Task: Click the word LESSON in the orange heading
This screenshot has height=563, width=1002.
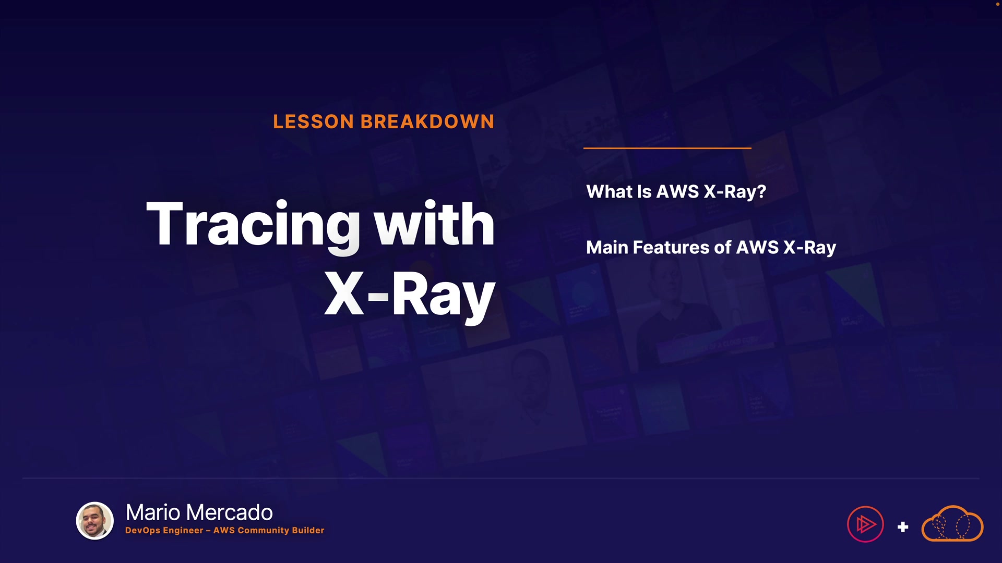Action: pos(314,121)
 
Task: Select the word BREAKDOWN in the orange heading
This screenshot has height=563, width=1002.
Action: pos(427,121)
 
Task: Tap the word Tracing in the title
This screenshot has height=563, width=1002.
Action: pos(253,224)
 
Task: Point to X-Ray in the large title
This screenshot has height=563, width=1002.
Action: pos(410,295)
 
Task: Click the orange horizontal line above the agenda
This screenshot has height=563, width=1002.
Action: pos(667,148)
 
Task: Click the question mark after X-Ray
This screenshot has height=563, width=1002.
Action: pos(761,192)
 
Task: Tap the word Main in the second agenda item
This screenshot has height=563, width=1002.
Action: pos(607,247)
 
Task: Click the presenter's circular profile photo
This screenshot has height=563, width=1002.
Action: pos(95,521)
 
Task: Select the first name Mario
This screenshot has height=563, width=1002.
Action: pos(153,512)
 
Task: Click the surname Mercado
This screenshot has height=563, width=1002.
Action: pos(229,512)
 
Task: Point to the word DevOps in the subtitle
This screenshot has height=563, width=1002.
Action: pos(142,530)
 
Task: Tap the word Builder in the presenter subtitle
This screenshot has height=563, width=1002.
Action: pos(308,530)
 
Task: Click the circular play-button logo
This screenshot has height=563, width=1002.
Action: pos(865,524)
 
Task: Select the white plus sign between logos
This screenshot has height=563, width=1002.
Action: pos(903,527)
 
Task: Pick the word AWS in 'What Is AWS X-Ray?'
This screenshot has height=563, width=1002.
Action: pos(677,192)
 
